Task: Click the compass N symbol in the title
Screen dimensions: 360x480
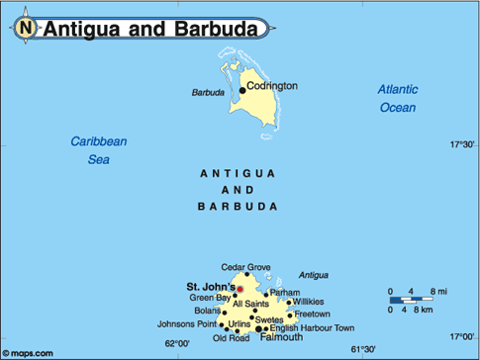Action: tap(24, 29)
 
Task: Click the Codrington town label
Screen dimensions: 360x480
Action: tap(272, 86)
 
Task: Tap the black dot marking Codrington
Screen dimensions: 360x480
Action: tap(242, 90)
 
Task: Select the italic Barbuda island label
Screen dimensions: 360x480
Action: tap(207, 94)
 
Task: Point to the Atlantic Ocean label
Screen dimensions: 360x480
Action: tap(398, 98)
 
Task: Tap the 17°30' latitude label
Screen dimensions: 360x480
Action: tap(462, 145)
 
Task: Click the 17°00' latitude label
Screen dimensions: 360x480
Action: tap(462, 334)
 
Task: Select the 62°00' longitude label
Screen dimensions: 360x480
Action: tap(176, 343)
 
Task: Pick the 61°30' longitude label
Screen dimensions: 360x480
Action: tap(364, 348)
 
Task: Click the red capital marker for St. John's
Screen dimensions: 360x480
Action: tap(239, 290)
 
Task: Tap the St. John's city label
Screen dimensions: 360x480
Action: tap(211, 287)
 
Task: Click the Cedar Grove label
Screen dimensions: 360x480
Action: tap(245, 267)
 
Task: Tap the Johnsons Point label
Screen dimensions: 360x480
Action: tap(185, 323)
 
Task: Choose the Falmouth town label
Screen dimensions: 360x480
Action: tap(281, 337)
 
